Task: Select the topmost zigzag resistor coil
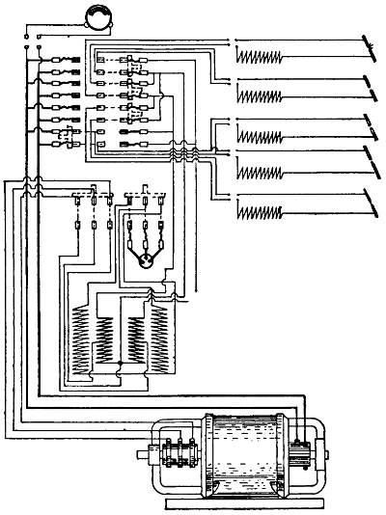point(262,56)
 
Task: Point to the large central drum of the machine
point(246,453)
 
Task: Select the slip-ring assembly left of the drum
point(179,453)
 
